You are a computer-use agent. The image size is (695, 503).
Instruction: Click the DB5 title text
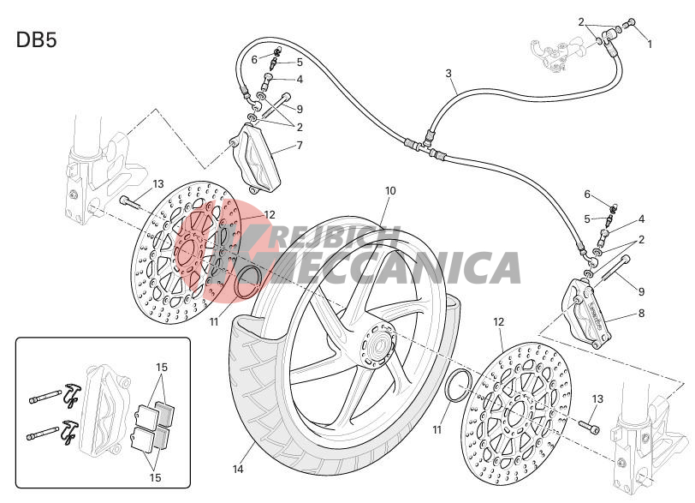click(36, 40)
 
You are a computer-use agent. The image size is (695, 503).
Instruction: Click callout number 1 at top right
click(650, 45)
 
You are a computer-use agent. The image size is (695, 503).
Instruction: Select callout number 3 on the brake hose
click(448, 73)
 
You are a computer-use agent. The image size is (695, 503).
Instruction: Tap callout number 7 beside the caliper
click(300, 146)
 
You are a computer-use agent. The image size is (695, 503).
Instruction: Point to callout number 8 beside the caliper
click(641, 314)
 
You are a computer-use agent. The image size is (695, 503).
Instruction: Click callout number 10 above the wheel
click(390, 191)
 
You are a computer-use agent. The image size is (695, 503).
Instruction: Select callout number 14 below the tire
click(238, 469)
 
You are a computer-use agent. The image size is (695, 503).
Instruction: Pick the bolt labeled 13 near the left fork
click(130, 203)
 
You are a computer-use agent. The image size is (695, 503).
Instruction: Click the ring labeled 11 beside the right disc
click(458, 385)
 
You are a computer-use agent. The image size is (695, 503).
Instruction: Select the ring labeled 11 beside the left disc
click(247, 282)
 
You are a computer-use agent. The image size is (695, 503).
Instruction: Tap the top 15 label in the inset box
click(162, 368)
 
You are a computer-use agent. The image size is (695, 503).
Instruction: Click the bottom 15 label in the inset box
click(155, 477)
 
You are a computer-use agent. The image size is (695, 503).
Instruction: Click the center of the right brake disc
click(517, 413)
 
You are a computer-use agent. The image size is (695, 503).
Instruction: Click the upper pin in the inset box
click(45, 396)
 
